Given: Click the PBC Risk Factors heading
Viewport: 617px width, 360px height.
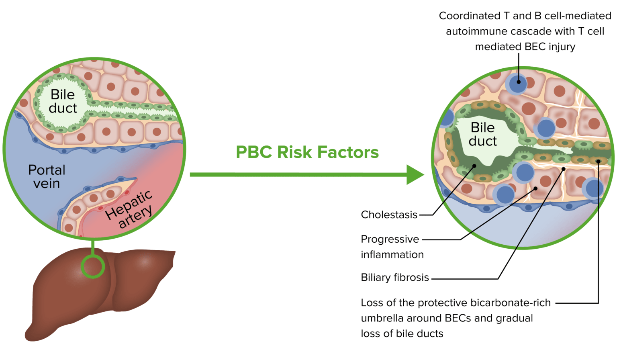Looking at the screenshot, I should coord(307,152).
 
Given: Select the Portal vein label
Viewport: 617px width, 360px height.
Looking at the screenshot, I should coord(47,176).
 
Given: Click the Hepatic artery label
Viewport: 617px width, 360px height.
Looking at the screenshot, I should coord(130,210).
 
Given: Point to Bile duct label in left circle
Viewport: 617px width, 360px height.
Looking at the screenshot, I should coord(63,101).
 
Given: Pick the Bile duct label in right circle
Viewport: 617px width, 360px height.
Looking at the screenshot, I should coord(482,134).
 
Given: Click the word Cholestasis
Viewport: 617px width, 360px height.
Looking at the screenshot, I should coord(389,215).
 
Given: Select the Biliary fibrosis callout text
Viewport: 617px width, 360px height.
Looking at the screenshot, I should coord(394,277).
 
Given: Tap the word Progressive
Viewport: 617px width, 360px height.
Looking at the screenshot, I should coord(390,239).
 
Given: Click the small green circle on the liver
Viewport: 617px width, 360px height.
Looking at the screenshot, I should coord(93,266).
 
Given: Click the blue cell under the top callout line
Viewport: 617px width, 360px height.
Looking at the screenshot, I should coord(518,82).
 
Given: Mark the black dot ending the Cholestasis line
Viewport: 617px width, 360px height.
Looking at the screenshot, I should coord(474,166).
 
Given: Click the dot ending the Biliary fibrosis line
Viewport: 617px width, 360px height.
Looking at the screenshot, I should coord(564,169).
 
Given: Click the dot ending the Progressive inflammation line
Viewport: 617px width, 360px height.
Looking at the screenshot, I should coord(535,188).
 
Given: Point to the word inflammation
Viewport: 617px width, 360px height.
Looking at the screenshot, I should coord(392,255).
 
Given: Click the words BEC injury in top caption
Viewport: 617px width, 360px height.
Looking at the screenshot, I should coord(550,47).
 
